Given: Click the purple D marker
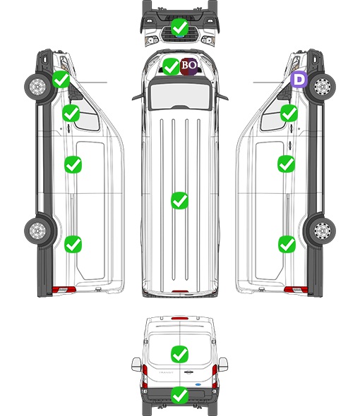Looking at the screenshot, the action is [299, 79].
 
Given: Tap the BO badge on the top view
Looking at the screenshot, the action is [188, 66].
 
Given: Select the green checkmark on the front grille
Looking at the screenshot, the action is [179, 27].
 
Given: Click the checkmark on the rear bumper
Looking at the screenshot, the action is [179, 396].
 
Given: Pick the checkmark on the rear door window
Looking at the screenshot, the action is [179, 354].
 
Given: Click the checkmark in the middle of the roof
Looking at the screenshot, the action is [179, 200].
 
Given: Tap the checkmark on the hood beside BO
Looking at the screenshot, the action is [171, 66].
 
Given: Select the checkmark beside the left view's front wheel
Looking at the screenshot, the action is [61, 79].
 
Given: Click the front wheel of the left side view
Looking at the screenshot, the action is [38, 87].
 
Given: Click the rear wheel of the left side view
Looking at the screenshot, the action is [38, 230].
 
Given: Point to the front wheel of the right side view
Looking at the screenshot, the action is [322, 87].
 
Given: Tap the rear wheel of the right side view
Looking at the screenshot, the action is [322, 231].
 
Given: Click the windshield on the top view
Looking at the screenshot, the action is [180, 96].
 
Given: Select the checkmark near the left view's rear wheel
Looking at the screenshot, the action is [73, 244].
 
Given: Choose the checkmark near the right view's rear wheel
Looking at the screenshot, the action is [287, 244].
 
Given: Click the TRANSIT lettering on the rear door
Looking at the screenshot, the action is [166, 372].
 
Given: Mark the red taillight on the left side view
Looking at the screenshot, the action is [64, 290].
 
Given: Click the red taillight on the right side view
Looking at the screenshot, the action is [296, 290].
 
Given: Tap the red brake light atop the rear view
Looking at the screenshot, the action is [180, 318].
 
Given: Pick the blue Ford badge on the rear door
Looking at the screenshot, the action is [198, 384].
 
